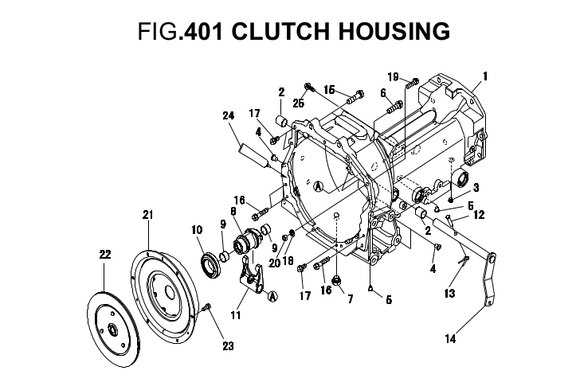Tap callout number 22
(104, 255)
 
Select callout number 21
(147, 215)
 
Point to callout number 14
(450, 339)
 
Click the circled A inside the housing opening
(317, 185)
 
